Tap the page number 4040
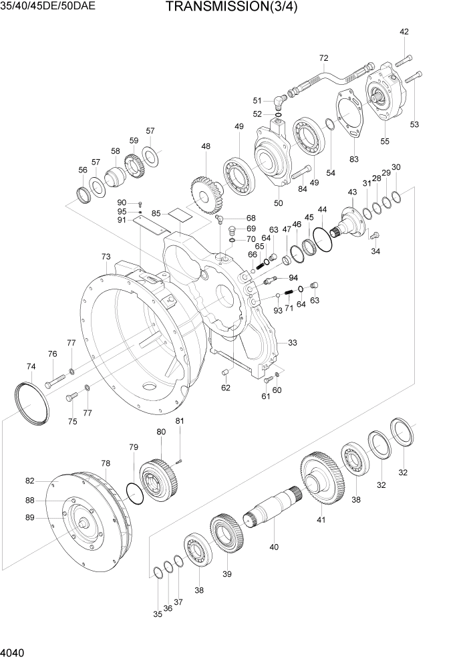coord(15,652)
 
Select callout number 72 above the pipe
coord(324,57)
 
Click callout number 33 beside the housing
coord(292,343)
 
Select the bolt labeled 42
coord(402,59)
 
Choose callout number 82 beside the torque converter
coord(29,481)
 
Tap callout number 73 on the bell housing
coord(106,257)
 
